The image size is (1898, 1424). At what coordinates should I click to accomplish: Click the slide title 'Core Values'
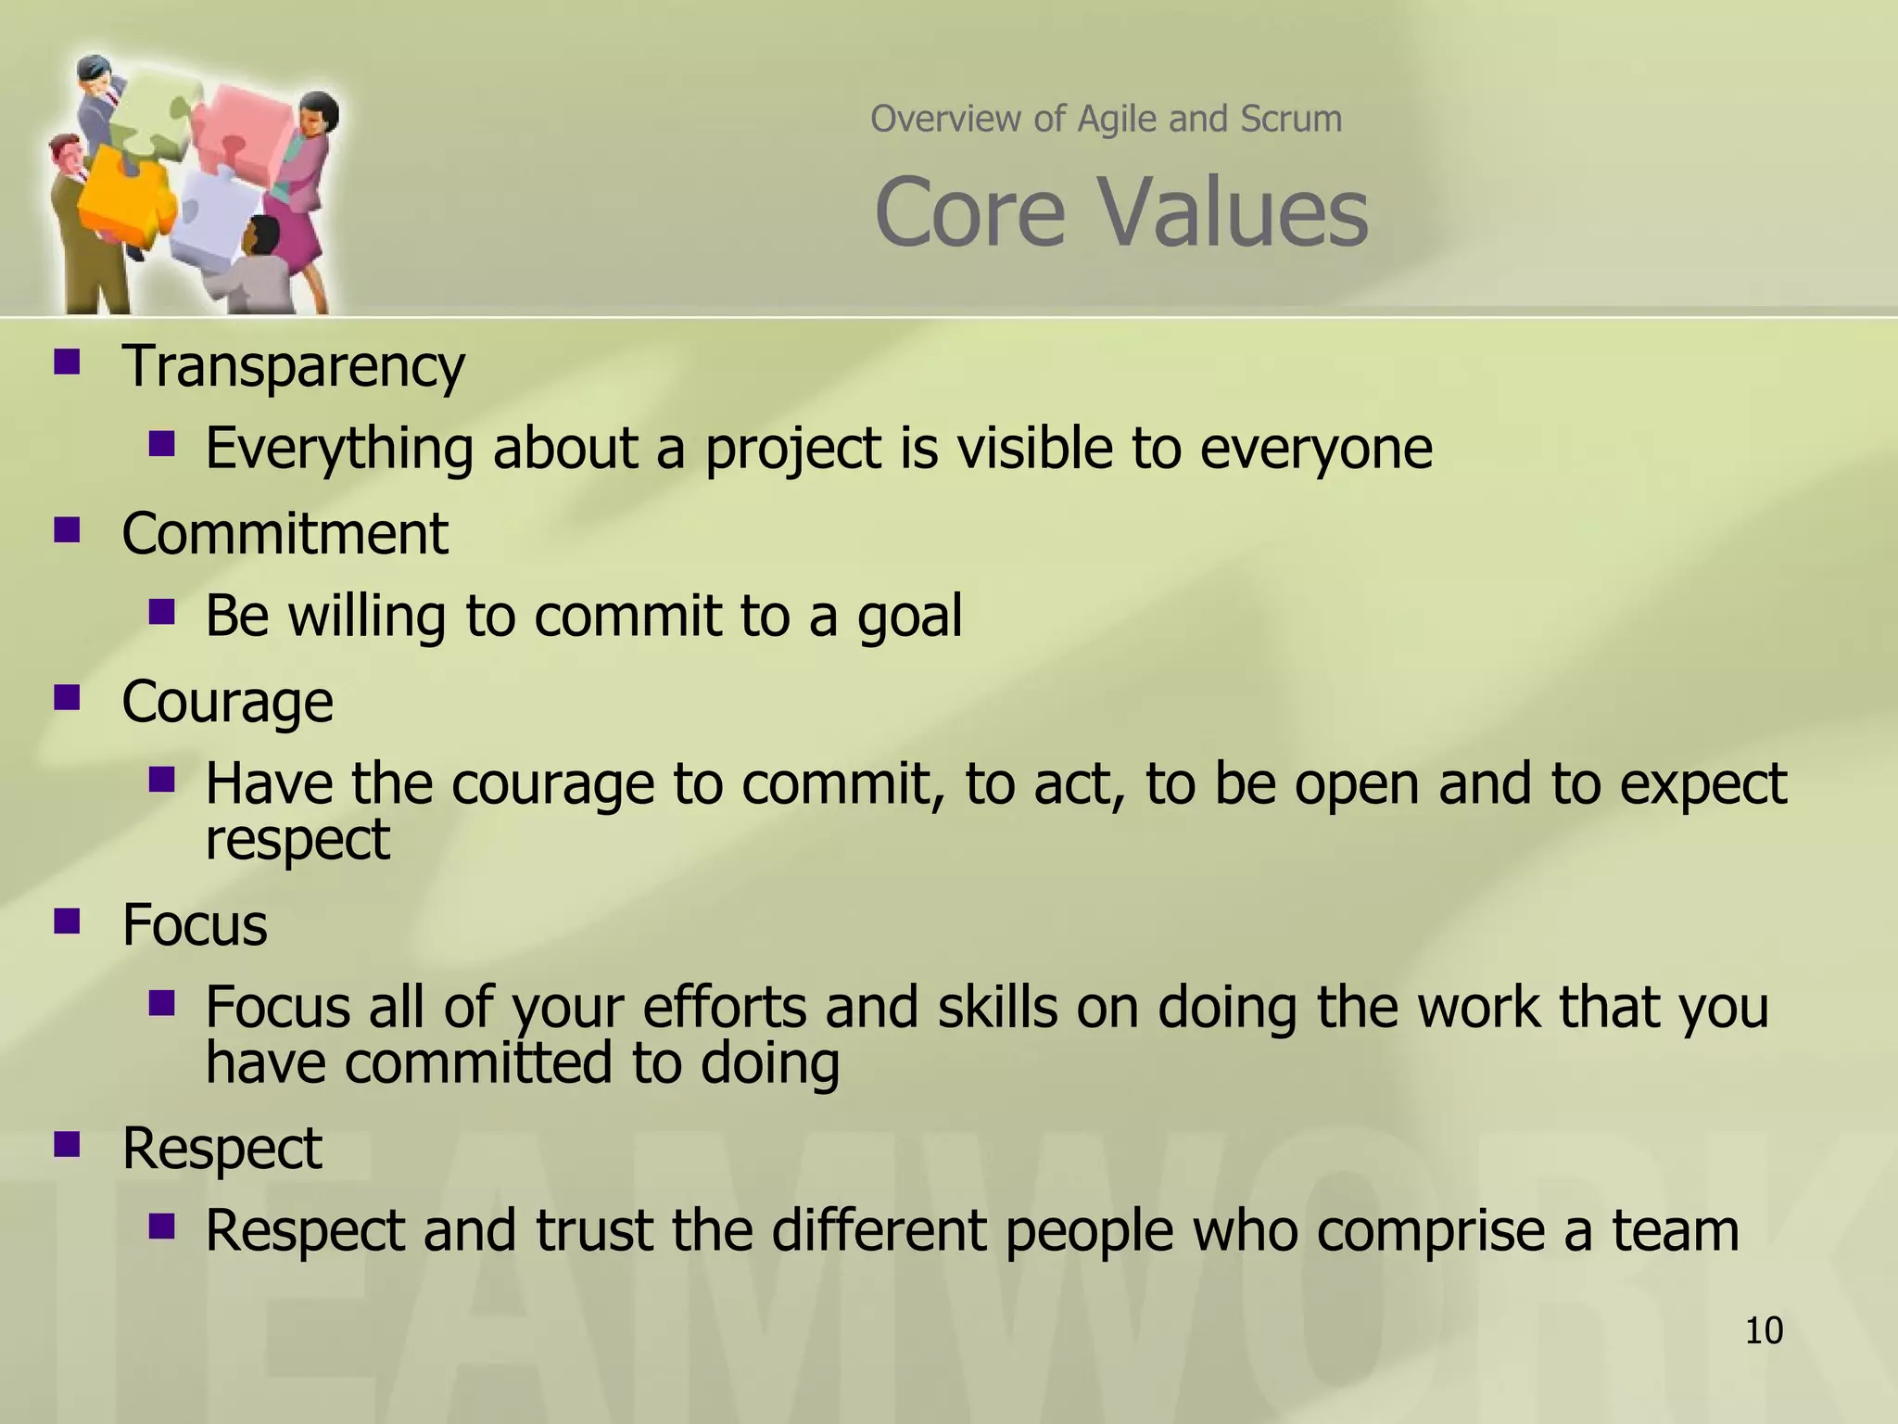click(x=1120, y=213)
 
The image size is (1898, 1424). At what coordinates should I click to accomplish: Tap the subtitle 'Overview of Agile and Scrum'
click(x=1106, y=119)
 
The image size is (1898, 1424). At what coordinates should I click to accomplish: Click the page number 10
click(x=1764, y=1331)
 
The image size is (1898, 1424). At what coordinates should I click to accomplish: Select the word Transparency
click(x=293, y=366)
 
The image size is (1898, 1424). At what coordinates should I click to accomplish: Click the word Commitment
click(x=285, y=534)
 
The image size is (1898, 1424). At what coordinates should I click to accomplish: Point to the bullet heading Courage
click(x=227, y=702)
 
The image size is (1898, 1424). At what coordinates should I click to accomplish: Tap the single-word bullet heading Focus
click(x=195, y=925)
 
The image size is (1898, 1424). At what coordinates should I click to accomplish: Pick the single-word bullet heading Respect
click(x=221, y=1149)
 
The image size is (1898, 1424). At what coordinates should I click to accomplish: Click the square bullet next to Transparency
click(x=67, y=361)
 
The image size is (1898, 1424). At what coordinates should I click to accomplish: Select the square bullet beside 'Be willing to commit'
click(x=161, y=611)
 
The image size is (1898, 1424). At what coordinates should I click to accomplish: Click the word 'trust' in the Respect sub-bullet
click(x=593, y=1231)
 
